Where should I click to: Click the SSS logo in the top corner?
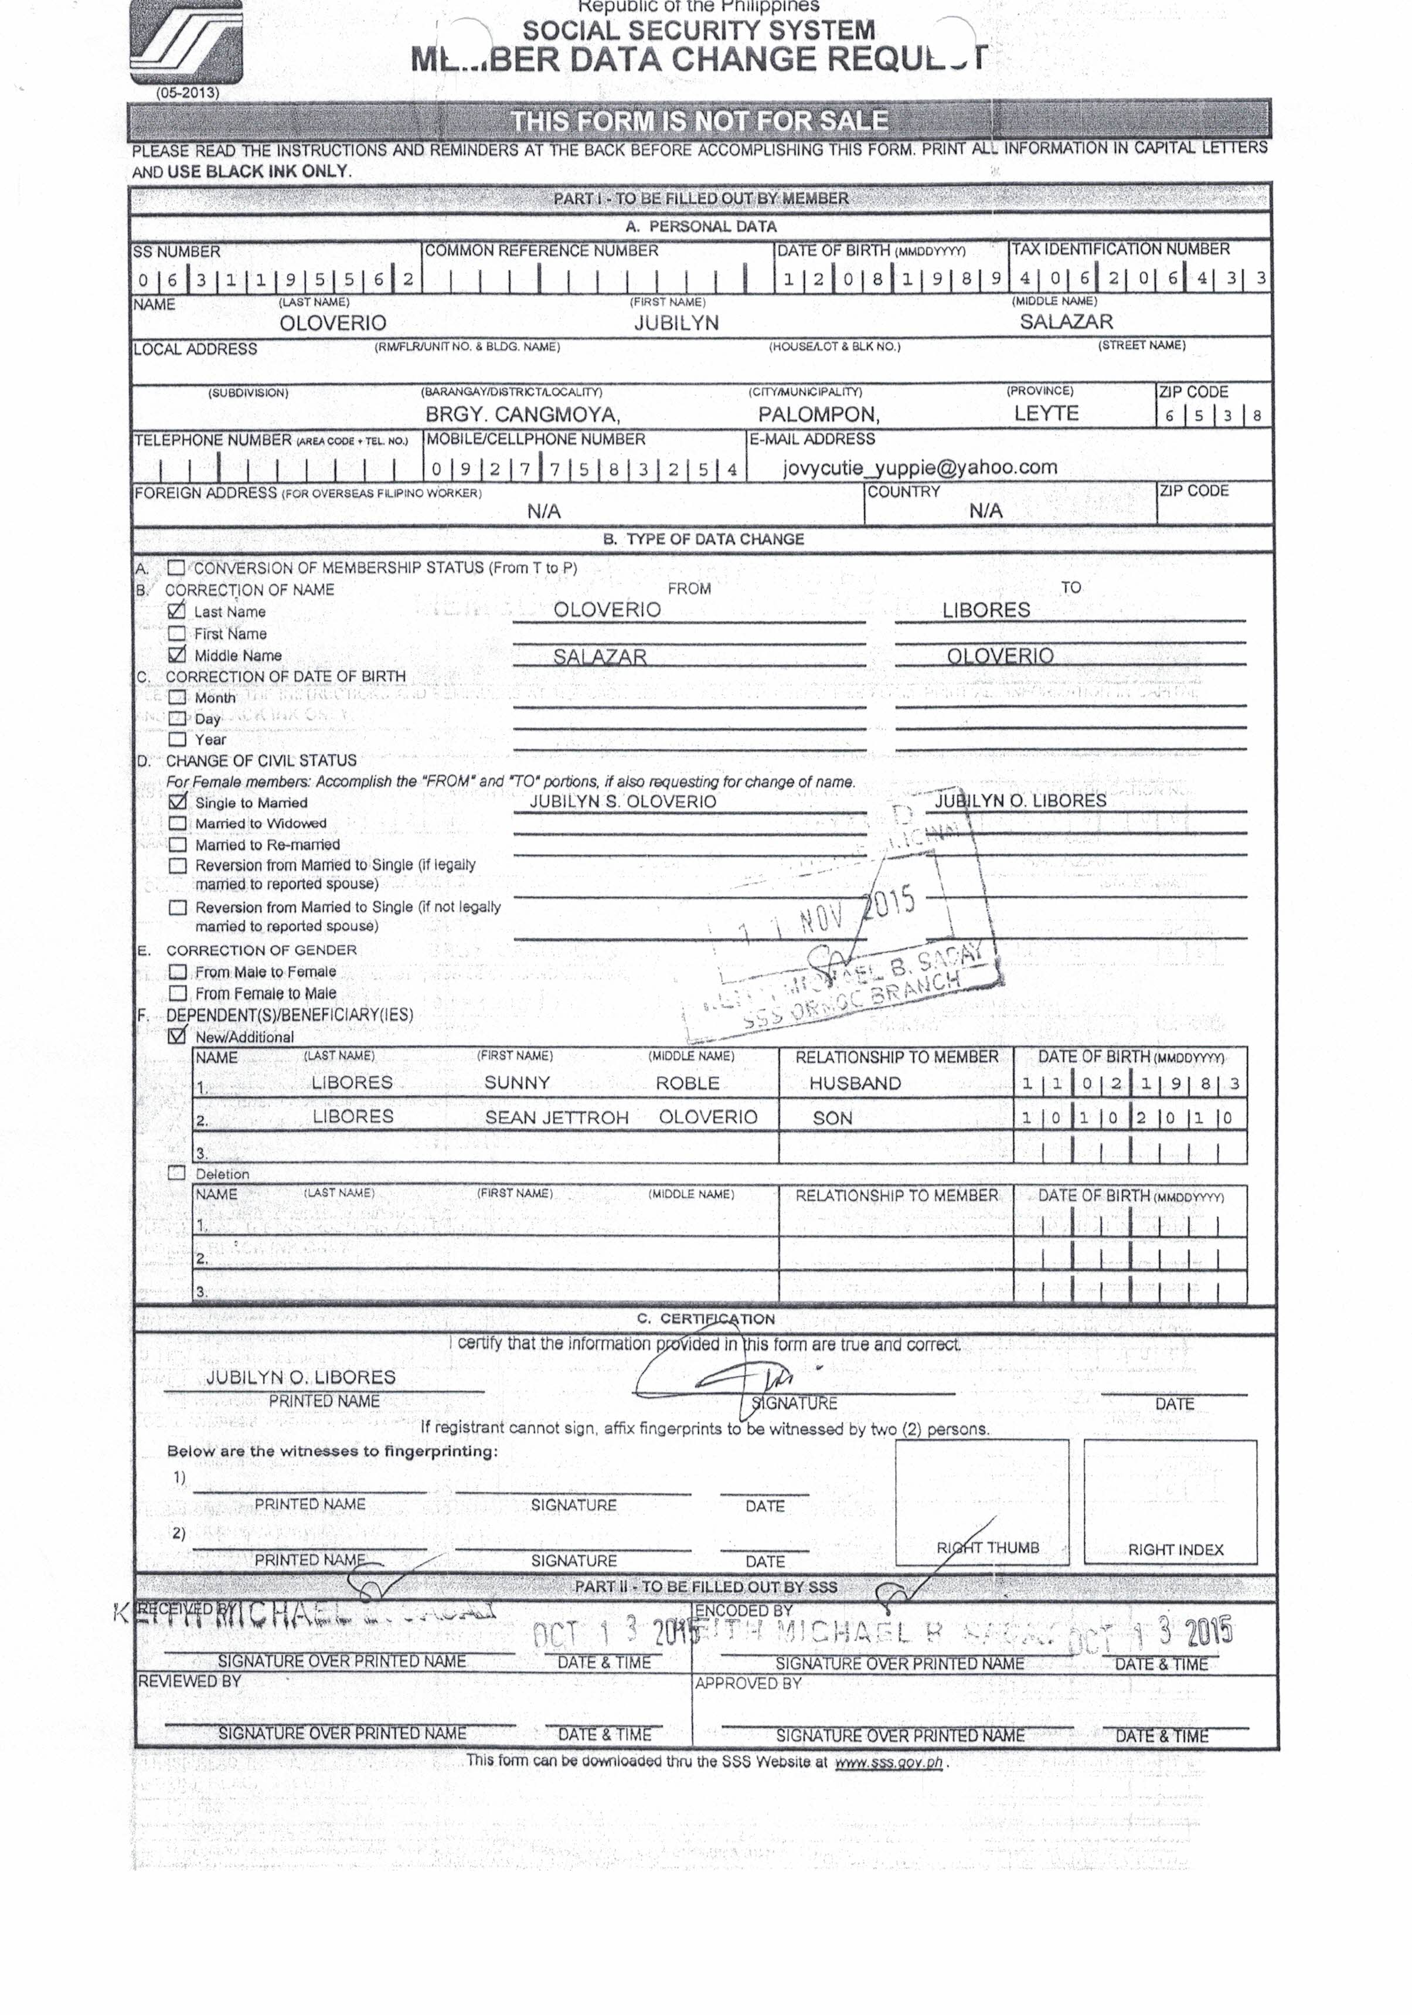point(186,41)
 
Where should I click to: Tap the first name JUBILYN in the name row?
point(676,323)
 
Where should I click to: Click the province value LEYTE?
point(1046,413)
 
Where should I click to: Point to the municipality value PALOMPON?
point(818,414)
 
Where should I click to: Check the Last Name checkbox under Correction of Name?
point(177,611)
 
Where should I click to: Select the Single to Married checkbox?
point(178,802)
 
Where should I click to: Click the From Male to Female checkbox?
point(178,971)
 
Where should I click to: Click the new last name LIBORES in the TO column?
point(985,610)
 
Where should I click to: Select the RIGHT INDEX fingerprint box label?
point(1175,1550)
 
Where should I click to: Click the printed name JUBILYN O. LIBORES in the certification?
point(301,1377)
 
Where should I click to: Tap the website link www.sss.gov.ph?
point(888,1762)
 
